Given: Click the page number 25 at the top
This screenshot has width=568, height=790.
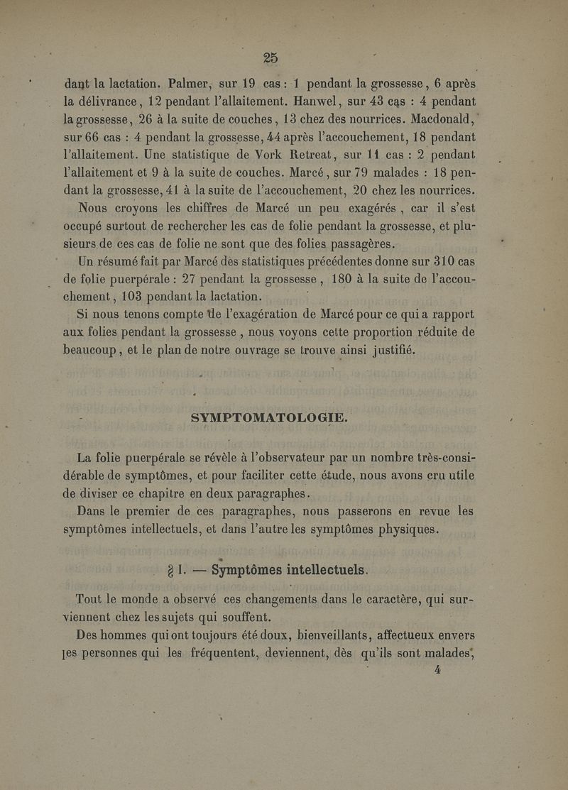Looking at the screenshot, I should (269, 57).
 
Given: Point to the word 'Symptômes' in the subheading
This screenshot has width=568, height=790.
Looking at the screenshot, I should (222, 569).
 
